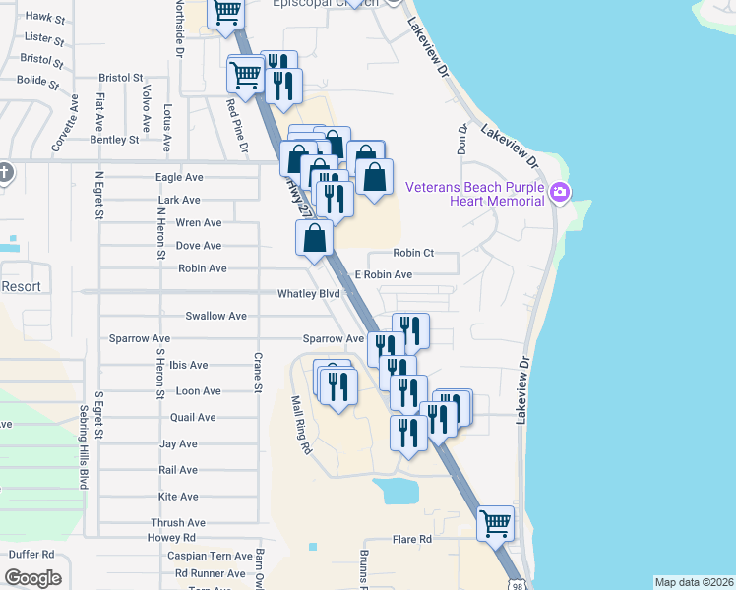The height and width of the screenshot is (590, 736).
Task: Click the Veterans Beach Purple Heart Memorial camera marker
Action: [x=561, y=190]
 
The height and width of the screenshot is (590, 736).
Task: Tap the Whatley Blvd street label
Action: [x=308, y=293]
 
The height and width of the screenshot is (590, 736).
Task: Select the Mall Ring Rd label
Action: [x=300, y=425]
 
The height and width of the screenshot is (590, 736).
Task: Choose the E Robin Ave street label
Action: [x=384, y=274]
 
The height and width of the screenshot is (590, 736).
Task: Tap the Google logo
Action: [x=32, y=578]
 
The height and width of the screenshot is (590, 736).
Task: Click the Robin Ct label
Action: [x=413, y=253]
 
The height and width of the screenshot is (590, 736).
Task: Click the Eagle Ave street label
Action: [x=179, y=177]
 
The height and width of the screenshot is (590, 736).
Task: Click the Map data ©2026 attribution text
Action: [x=693, y=582]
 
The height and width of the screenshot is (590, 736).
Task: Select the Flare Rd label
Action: [x=412, y=539]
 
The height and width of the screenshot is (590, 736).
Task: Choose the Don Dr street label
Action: [x=461, y=140]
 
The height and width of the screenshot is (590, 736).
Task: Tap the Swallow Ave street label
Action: [x=215, y=316]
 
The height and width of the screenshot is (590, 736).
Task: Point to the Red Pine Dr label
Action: [x=238, y=127]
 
